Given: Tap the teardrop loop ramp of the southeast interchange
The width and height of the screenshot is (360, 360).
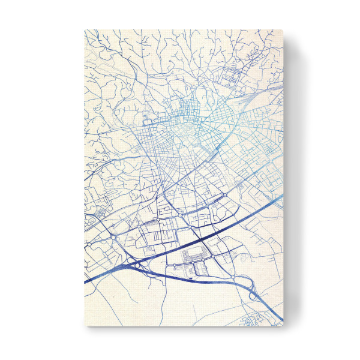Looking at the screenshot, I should pyautogui.click(x=252, y=294).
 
